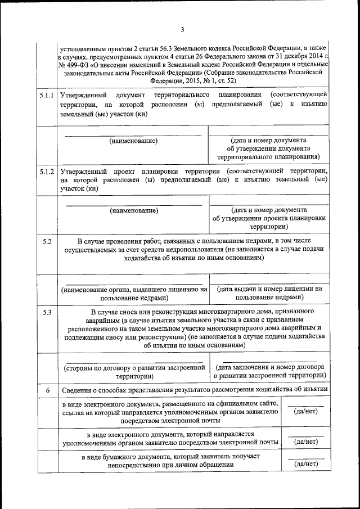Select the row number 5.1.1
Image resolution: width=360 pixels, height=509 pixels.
coord(47,95)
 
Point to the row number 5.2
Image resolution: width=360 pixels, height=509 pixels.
coord(47,241)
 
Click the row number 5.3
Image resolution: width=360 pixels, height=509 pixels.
coord(47,311)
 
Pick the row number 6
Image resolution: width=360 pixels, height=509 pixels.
coord(47,390)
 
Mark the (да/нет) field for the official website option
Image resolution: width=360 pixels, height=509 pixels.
coord(306,412)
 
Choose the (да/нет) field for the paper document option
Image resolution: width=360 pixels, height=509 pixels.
coord(306,464)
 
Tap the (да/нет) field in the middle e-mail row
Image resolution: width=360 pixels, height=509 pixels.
coord(306,442)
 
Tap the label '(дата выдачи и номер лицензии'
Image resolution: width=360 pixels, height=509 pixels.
coord(269,289)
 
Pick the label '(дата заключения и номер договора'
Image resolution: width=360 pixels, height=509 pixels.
coord(269,368)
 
